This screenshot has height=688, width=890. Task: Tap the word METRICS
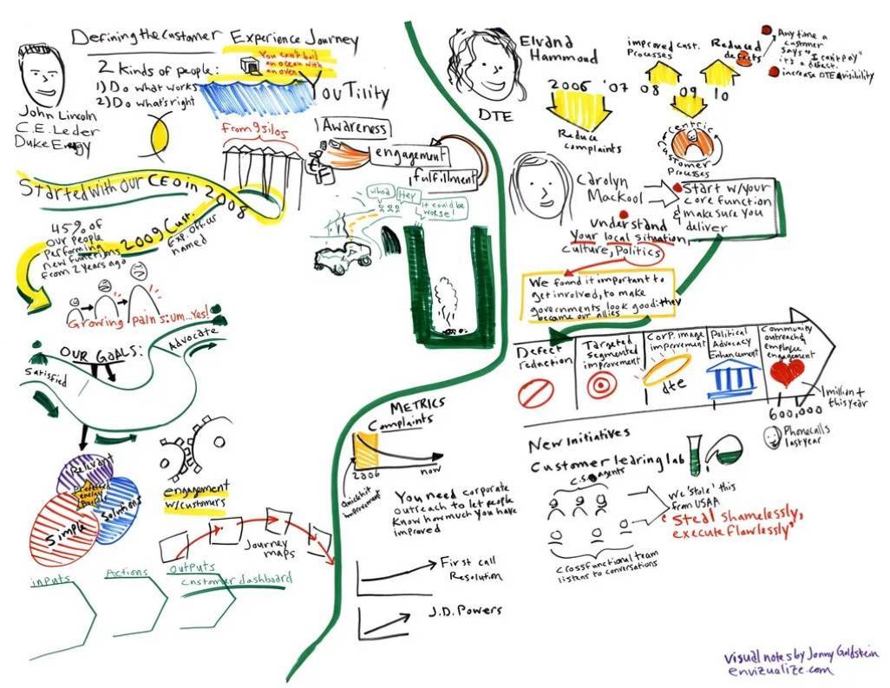417,405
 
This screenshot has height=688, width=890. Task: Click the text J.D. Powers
466,611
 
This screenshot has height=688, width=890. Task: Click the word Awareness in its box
355,128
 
